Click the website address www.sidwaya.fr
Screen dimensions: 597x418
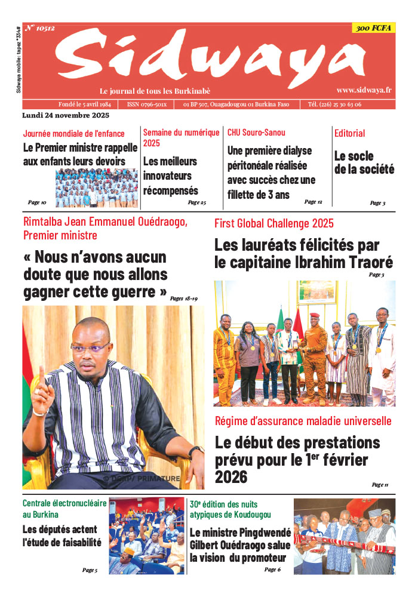tap(364, 90)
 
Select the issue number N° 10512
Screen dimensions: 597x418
tap(40, 28)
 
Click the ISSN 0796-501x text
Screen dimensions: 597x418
tap(147, 104)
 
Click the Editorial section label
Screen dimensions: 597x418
tap(350, 133)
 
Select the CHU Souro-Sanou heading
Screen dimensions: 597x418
tap(256, 133)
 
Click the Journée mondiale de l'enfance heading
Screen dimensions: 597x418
tap(74, 134)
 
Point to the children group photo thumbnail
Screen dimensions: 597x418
tap(97, 188)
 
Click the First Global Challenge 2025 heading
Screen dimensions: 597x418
tap(274, 224)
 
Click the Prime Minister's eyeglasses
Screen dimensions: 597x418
tap(90, 347)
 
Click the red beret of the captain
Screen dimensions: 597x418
tap(314, 316)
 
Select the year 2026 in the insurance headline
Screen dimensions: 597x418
tap(231, 478)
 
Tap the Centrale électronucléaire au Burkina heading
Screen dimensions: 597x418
tap(64, 509)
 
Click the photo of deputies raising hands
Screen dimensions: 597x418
tap(147, 536)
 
